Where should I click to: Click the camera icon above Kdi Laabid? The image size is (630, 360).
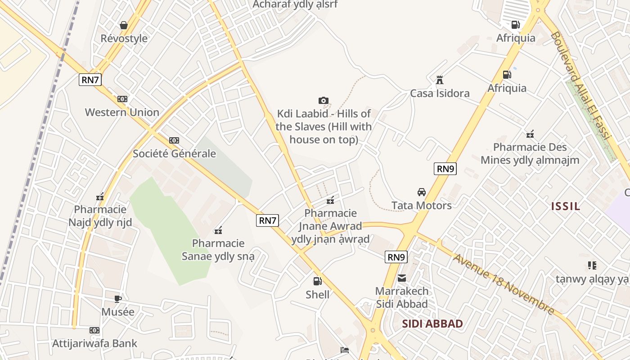coord(323,100)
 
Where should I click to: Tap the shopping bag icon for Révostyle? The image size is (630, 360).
coord(124,25)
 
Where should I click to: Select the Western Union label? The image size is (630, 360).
coord(122,112)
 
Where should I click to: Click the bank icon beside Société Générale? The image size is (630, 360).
coord(174,140)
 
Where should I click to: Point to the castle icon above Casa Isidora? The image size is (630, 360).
coord(440,80)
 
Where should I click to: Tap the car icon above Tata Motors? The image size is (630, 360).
coord(421,192)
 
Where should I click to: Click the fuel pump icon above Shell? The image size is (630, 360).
coord(317,281)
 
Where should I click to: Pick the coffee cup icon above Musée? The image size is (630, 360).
coord(117,298)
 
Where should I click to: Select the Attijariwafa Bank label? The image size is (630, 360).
coord(94,343)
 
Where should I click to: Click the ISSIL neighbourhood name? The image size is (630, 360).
coord(566,207)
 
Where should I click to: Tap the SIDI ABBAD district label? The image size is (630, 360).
coord(432,324)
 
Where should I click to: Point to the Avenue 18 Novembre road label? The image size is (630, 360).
coord(504,284)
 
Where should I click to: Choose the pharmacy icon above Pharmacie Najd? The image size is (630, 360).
coord(100,197)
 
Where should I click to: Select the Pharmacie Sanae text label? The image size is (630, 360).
coord(218,250)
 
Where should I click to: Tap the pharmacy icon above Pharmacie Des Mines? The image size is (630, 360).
coord(530,134)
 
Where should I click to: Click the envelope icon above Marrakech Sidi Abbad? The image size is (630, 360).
coord(401,278)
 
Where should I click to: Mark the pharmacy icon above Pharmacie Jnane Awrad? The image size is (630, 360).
coord(330,200)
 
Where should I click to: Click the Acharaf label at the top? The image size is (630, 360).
coord(295,4)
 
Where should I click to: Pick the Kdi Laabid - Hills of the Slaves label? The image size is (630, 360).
coord(324,126)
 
